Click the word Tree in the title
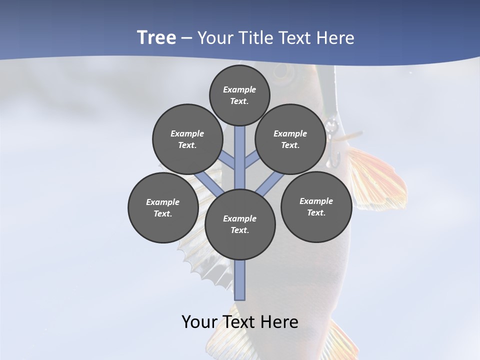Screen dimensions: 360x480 coord(156,37)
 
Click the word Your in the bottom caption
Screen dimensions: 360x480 coord(200,321)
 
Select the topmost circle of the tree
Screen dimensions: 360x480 coord(239,95)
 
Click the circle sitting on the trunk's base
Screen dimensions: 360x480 coord(240,224)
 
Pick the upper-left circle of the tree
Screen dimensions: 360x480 coord(187,139)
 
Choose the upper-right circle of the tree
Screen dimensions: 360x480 coord(290,139)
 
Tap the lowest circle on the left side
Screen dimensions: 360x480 coord(163,207)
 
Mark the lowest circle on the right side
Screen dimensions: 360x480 coord(316,206)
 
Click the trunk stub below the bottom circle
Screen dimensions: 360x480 coord(240,280)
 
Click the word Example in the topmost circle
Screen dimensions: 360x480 coord(239,89)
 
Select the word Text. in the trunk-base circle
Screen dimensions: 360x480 coord(240,230)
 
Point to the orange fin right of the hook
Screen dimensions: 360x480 coord(377,175)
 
